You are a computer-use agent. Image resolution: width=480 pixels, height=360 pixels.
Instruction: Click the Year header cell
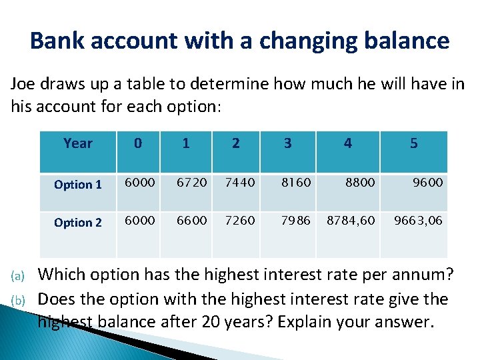(x=78, y=143)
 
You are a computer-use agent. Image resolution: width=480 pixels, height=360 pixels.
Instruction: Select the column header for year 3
(x=287, y=143)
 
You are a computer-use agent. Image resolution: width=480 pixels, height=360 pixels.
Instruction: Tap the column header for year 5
(x=414, y=143)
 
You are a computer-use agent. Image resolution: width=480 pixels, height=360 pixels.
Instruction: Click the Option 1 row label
(x=78, y=185)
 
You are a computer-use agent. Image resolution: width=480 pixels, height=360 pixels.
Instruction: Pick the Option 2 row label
(x=78, y=223)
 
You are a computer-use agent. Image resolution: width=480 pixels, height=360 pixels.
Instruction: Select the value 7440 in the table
(x=239, y=183)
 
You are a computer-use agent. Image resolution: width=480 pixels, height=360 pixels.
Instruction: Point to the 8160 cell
(x=295, y=183)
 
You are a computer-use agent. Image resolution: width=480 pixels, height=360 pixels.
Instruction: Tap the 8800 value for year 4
(x=360, y=183)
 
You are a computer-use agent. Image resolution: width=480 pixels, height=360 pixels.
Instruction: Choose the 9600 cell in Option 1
(x=427, y=183)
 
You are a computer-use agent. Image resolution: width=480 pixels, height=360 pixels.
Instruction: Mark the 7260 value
(x=239, y=221)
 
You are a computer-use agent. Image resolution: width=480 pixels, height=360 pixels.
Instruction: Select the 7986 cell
(x=295, y=221)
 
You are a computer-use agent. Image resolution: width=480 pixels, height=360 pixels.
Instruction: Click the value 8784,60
(x=351, y=221)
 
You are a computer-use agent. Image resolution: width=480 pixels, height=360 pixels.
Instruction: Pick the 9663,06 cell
(x=418, y=221)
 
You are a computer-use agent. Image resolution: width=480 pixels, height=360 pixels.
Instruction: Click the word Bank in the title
(x=56, y=41)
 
